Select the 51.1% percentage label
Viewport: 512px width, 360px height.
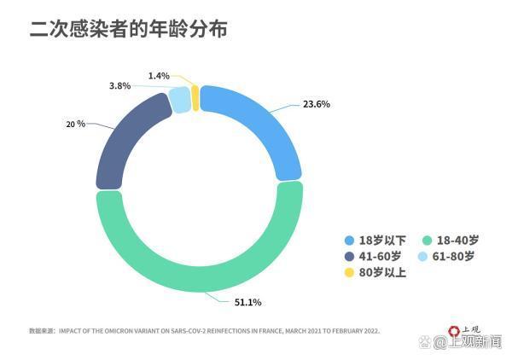click(x=247, y=303)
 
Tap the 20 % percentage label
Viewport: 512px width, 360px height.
click(x=75, y=124)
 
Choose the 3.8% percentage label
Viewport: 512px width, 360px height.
click(x=119, y=86)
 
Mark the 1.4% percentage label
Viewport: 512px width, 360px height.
click(x=159, y=76)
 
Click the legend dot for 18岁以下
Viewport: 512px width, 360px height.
click(x=349, y=241)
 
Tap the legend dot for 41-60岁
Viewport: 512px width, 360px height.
click(x=349, y=257)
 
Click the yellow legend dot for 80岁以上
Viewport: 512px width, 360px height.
click(x=349, y=273)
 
